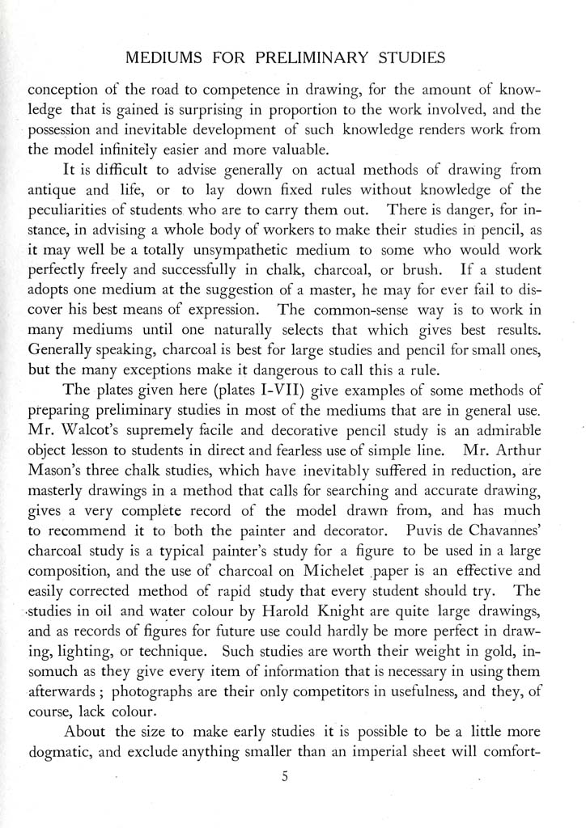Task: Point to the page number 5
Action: click(x=285, y=777)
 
